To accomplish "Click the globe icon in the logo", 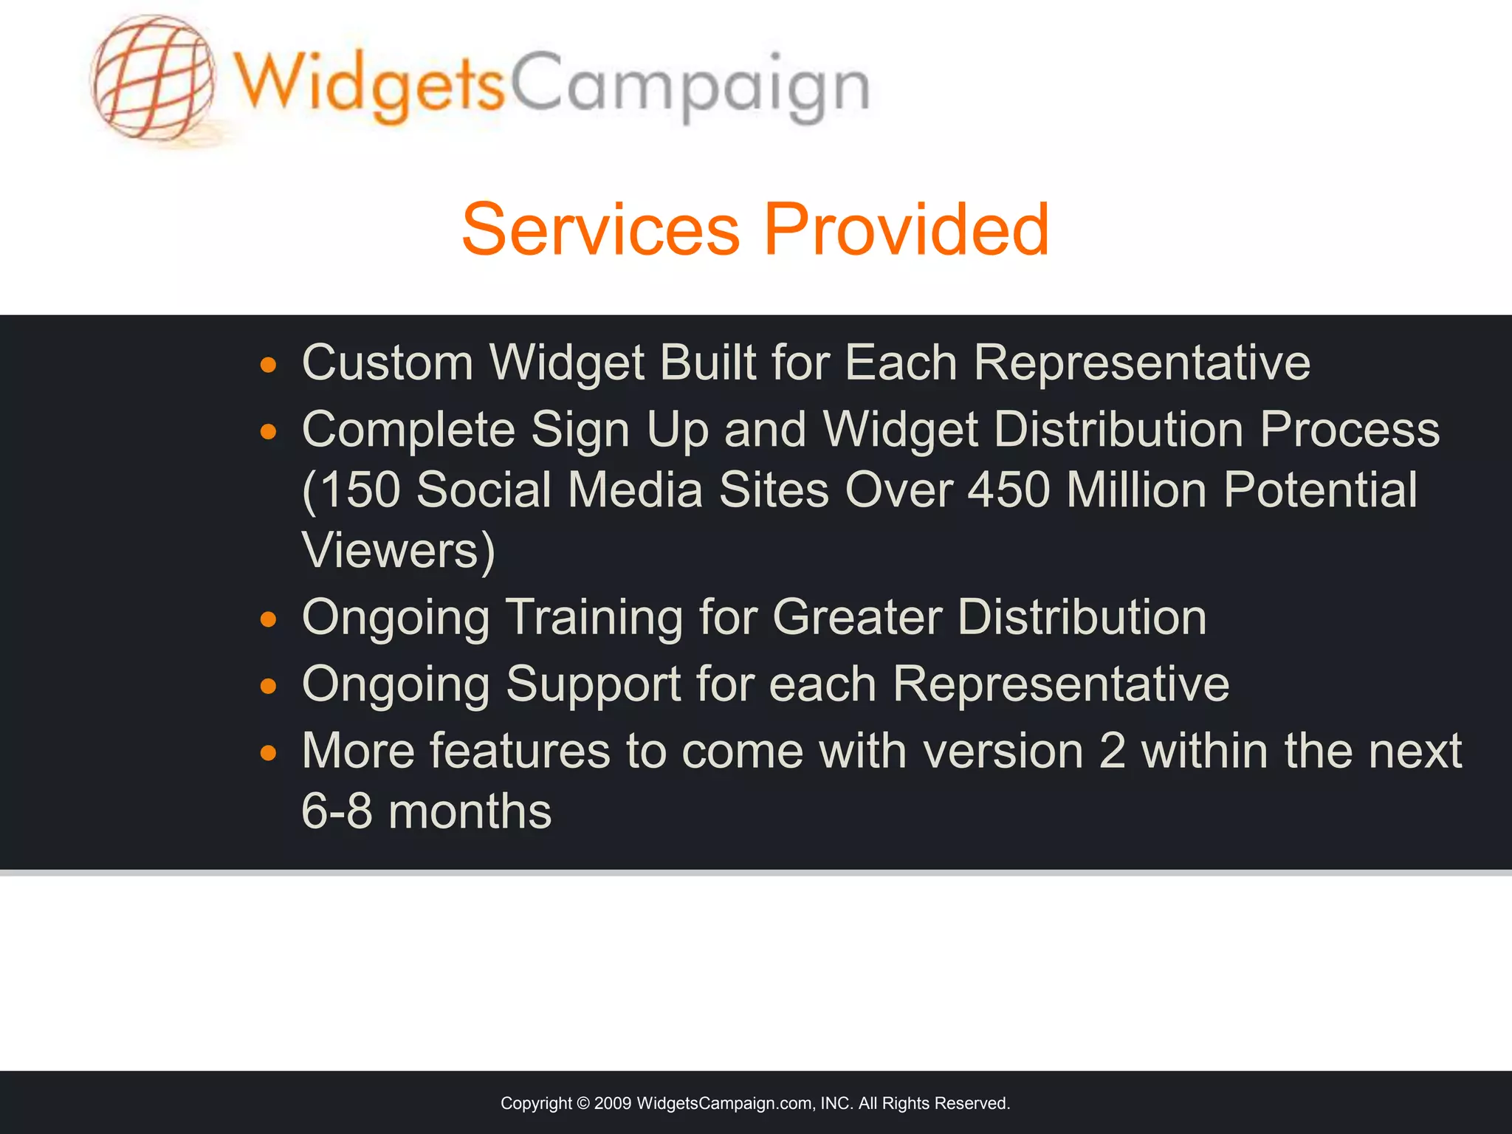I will (x=154, y=78).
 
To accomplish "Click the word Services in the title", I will (x=600, y=230).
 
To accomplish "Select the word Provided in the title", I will (x=906, y=230).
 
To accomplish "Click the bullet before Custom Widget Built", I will (x=268, y=365).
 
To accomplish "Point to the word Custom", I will (x=387, y=362).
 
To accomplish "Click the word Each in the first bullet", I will (x=901, y=362).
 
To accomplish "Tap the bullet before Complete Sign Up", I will (x=268, y=432).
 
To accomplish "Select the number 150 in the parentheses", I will (x=361, y=489).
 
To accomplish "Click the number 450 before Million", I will (x=1008, y=489).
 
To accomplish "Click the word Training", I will (x=594, y=617).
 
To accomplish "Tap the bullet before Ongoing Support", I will (x=268, y=687).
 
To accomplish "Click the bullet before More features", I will (x=268, y=754).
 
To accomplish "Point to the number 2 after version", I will (x=1112, y=751).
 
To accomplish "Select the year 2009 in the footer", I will (x=612, y=1103).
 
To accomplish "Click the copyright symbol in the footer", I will (x=583, y=1103).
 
